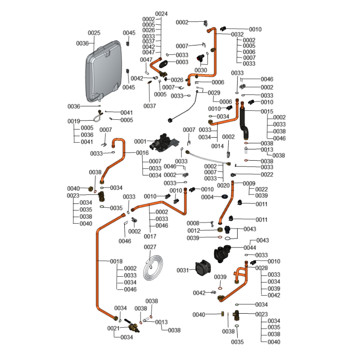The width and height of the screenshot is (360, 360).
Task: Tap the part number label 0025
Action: coord(94,33)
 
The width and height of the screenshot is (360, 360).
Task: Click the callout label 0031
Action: coord(183,270)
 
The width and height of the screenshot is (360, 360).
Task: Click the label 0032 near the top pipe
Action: coord(238,34)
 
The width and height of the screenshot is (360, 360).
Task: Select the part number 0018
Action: coord(117,261)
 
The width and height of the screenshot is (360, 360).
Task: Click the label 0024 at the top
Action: coord(161,13)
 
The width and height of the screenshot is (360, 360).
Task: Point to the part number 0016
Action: coord(143,153)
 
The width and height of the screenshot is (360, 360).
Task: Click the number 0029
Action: coord(214,93)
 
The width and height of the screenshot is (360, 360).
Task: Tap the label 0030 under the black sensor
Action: coord(201,70)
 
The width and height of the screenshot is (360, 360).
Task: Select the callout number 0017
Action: coord(150,236)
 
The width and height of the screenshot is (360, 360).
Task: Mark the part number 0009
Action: coord(249,183)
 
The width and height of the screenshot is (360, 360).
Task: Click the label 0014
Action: coord(217,146)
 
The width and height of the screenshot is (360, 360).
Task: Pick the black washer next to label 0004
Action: coord(224,197)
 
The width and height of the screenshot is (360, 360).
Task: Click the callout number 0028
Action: coord(261,268)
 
